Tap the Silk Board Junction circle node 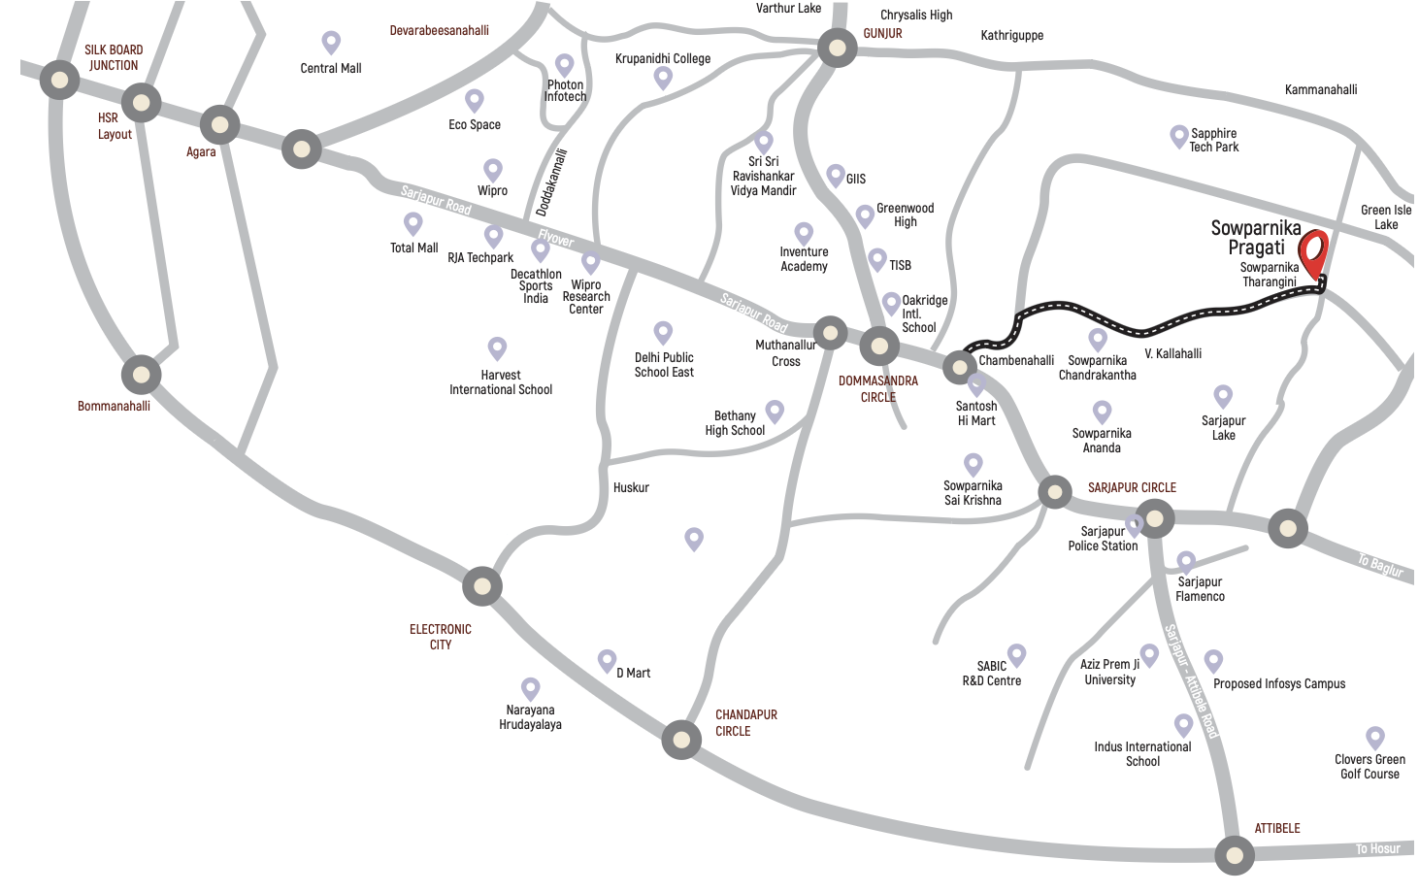[60, 80]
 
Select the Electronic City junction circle [482, 585]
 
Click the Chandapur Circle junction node [681, 740]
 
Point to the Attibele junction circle [1235, 855]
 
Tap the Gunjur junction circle [838, 48]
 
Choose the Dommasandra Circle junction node [879, 346]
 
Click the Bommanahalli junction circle [142, 375]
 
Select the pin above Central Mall [331, 42]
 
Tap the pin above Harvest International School [497, 347]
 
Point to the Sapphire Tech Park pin [1178, 136]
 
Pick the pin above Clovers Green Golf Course [1374, 737]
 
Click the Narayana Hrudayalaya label [530, 717]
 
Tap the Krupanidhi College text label [663, 58]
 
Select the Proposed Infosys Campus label [1279, 683]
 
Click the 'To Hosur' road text [1377, 849]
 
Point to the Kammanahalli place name [1320, 89]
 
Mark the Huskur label [631, 487]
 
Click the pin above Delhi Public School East [663, 332]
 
